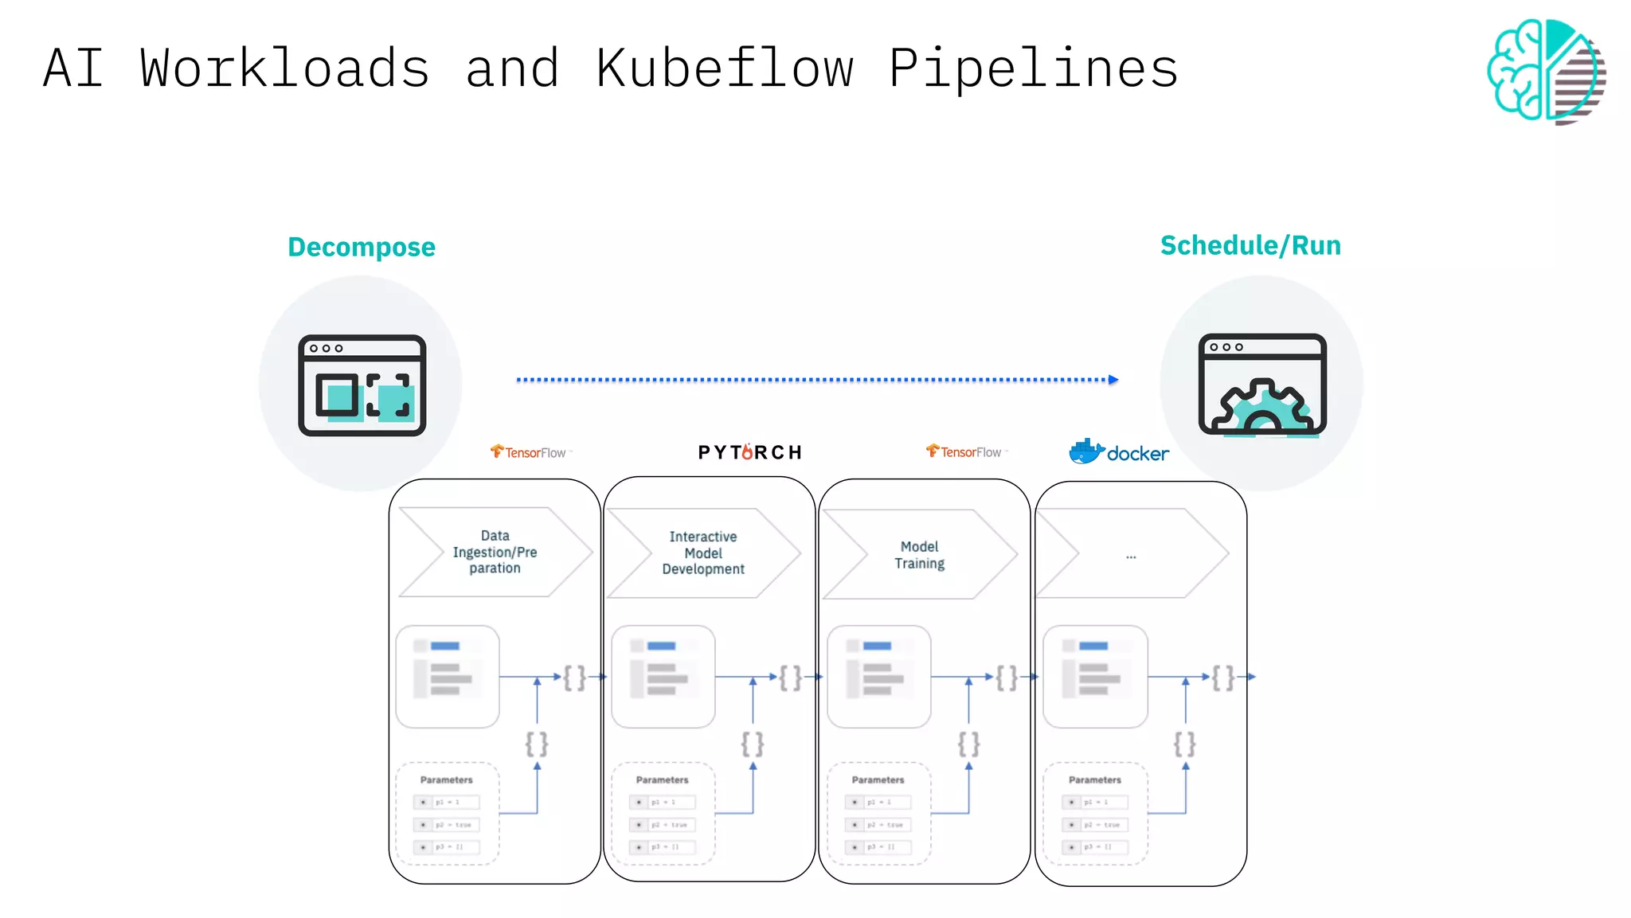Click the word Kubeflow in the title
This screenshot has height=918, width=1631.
pyautogui.click(x=725, y=68)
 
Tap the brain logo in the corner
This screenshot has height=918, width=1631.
pyautogui.click(x=1546, y=71)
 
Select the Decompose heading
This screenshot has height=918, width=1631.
pyautogui.click(x=362, y=247)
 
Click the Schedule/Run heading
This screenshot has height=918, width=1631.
pyautogui.click(x=1250, y=245)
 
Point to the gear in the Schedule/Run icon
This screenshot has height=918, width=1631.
pyautogui.click(x=1264, y=407)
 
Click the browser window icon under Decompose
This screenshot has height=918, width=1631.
pyautogui.click(x=362, y=385)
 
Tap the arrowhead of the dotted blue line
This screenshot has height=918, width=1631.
pyautogui.click(x=1113, y=380)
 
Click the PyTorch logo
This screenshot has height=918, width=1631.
pyautogui.click(x=749, y=452)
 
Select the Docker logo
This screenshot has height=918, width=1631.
pyautogui.click(x=1119, y=452)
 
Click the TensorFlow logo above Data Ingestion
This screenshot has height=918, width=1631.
pyautogui.click(x=529, y=452)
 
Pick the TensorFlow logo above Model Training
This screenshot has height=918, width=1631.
pyautogui.click(x=964, y=451)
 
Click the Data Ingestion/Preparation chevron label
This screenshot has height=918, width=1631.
pyautogui.click(x=495, y=552)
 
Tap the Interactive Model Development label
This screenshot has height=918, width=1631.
pyautogui.click(x=703, y=553)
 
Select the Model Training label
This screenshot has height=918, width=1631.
pyautogui.click(x=919, y=555)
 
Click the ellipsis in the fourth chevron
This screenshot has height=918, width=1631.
pyautogui.click(x=1131, y=556)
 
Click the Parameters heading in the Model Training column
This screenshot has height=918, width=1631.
pyautogui.click(x=878, y=779)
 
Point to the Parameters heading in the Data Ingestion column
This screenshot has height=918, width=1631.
pyautogui.click(x=446, y=779)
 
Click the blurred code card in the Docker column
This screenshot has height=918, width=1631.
pyautogui.click(x=1095, y=677)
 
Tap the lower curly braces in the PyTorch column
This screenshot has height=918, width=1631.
pyautogui.click(x=753, y=744)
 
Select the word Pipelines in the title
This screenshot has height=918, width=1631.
pyautogui.click(x=1033, y=68)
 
